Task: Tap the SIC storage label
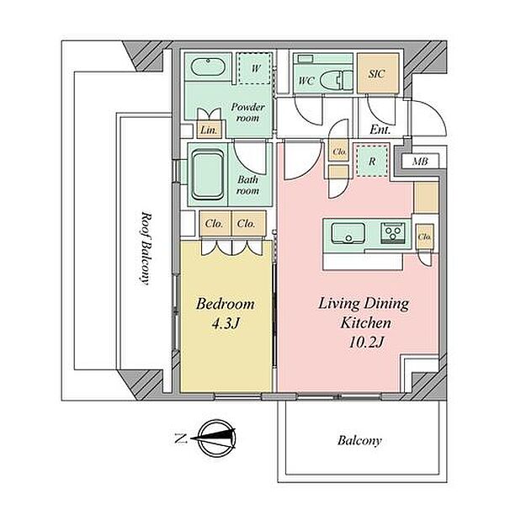tap(376, 74)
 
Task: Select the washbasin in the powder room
tap(207, 66)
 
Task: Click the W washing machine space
tap(255, 69)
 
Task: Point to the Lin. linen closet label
tap(209, 130)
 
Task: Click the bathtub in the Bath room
tap(208, 174)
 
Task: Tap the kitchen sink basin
tap(348, 233)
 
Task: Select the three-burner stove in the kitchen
tap(392, 233)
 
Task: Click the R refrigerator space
tap(372, 161)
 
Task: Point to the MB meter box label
tap(420, 161)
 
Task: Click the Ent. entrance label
tap(380, 130)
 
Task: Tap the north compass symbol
tap(216, 438)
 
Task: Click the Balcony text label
tap(359, 440)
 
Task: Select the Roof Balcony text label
tap(146, 248)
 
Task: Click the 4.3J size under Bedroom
tap(226, 323)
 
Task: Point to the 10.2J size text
tap(367, 343)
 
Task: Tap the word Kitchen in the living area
tap(366, 322)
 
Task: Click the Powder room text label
tap(247, 113)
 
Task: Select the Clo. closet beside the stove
tap(424, 237)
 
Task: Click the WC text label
tap(306, 80)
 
